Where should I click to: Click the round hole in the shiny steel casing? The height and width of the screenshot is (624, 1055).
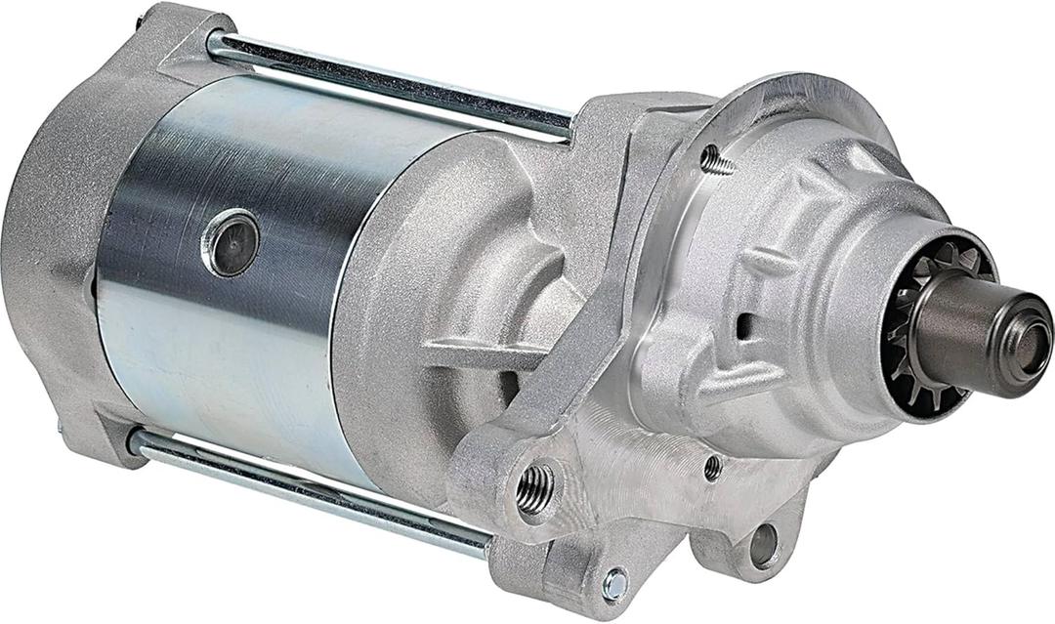tap(232, 243)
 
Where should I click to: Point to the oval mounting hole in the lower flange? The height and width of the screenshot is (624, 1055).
tap(764, 545)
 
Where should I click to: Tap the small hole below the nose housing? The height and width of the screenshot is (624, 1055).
tap(713, 467)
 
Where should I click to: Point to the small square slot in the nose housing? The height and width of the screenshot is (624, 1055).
tap(744, 326)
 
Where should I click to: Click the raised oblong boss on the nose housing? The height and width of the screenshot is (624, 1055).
tap(772, 262)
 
